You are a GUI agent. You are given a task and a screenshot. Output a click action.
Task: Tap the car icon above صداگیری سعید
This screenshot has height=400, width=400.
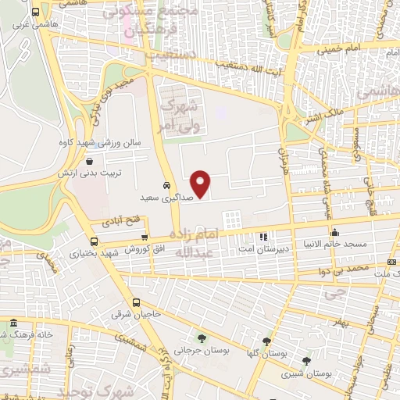pos(166,186)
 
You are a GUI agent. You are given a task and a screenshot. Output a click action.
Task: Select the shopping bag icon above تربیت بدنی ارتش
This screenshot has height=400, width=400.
pos(91,161)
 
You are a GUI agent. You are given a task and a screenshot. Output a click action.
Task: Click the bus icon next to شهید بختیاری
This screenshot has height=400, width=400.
pos(95,241)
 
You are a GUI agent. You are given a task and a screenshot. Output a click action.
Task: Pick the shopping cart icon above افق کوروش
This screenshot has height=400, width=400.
pos(144,237)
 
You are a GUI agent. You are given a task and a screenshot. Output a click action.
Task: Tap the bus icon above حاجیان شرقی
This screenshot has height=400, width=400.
pos(137,303)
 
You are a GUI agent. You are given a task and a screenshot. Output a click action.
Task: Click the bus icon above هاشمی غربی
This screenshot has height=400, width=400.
pos(35,12)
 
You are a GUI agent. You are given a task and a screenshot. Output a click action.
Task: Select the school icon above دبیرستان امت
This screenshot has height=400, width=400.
pos(264,235)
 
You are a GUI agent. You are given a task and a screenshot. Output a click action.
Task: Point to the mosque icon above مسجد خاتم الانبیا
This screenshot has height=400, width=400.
pos(335,232)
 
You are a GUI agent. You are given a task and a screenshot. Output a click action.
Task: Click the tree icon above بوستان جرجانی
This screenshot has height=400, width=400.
pos(202,338)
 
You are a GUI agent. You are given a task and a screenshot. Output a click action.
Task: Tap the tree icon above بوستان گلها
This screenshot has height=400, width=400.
pos(267,341)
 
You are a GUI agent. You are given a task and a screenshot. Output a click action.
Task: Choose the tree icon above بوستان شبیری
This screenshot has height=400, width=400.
pos(305,361)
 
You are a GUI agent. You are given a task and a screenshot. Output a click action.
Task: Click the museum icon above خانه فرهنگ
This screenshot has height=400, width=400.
pos(13,323)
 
